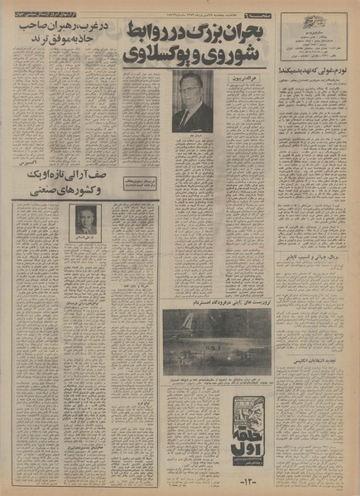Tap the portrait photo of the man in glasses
[192, 101]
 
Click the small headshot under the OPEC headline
[87, 220]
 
